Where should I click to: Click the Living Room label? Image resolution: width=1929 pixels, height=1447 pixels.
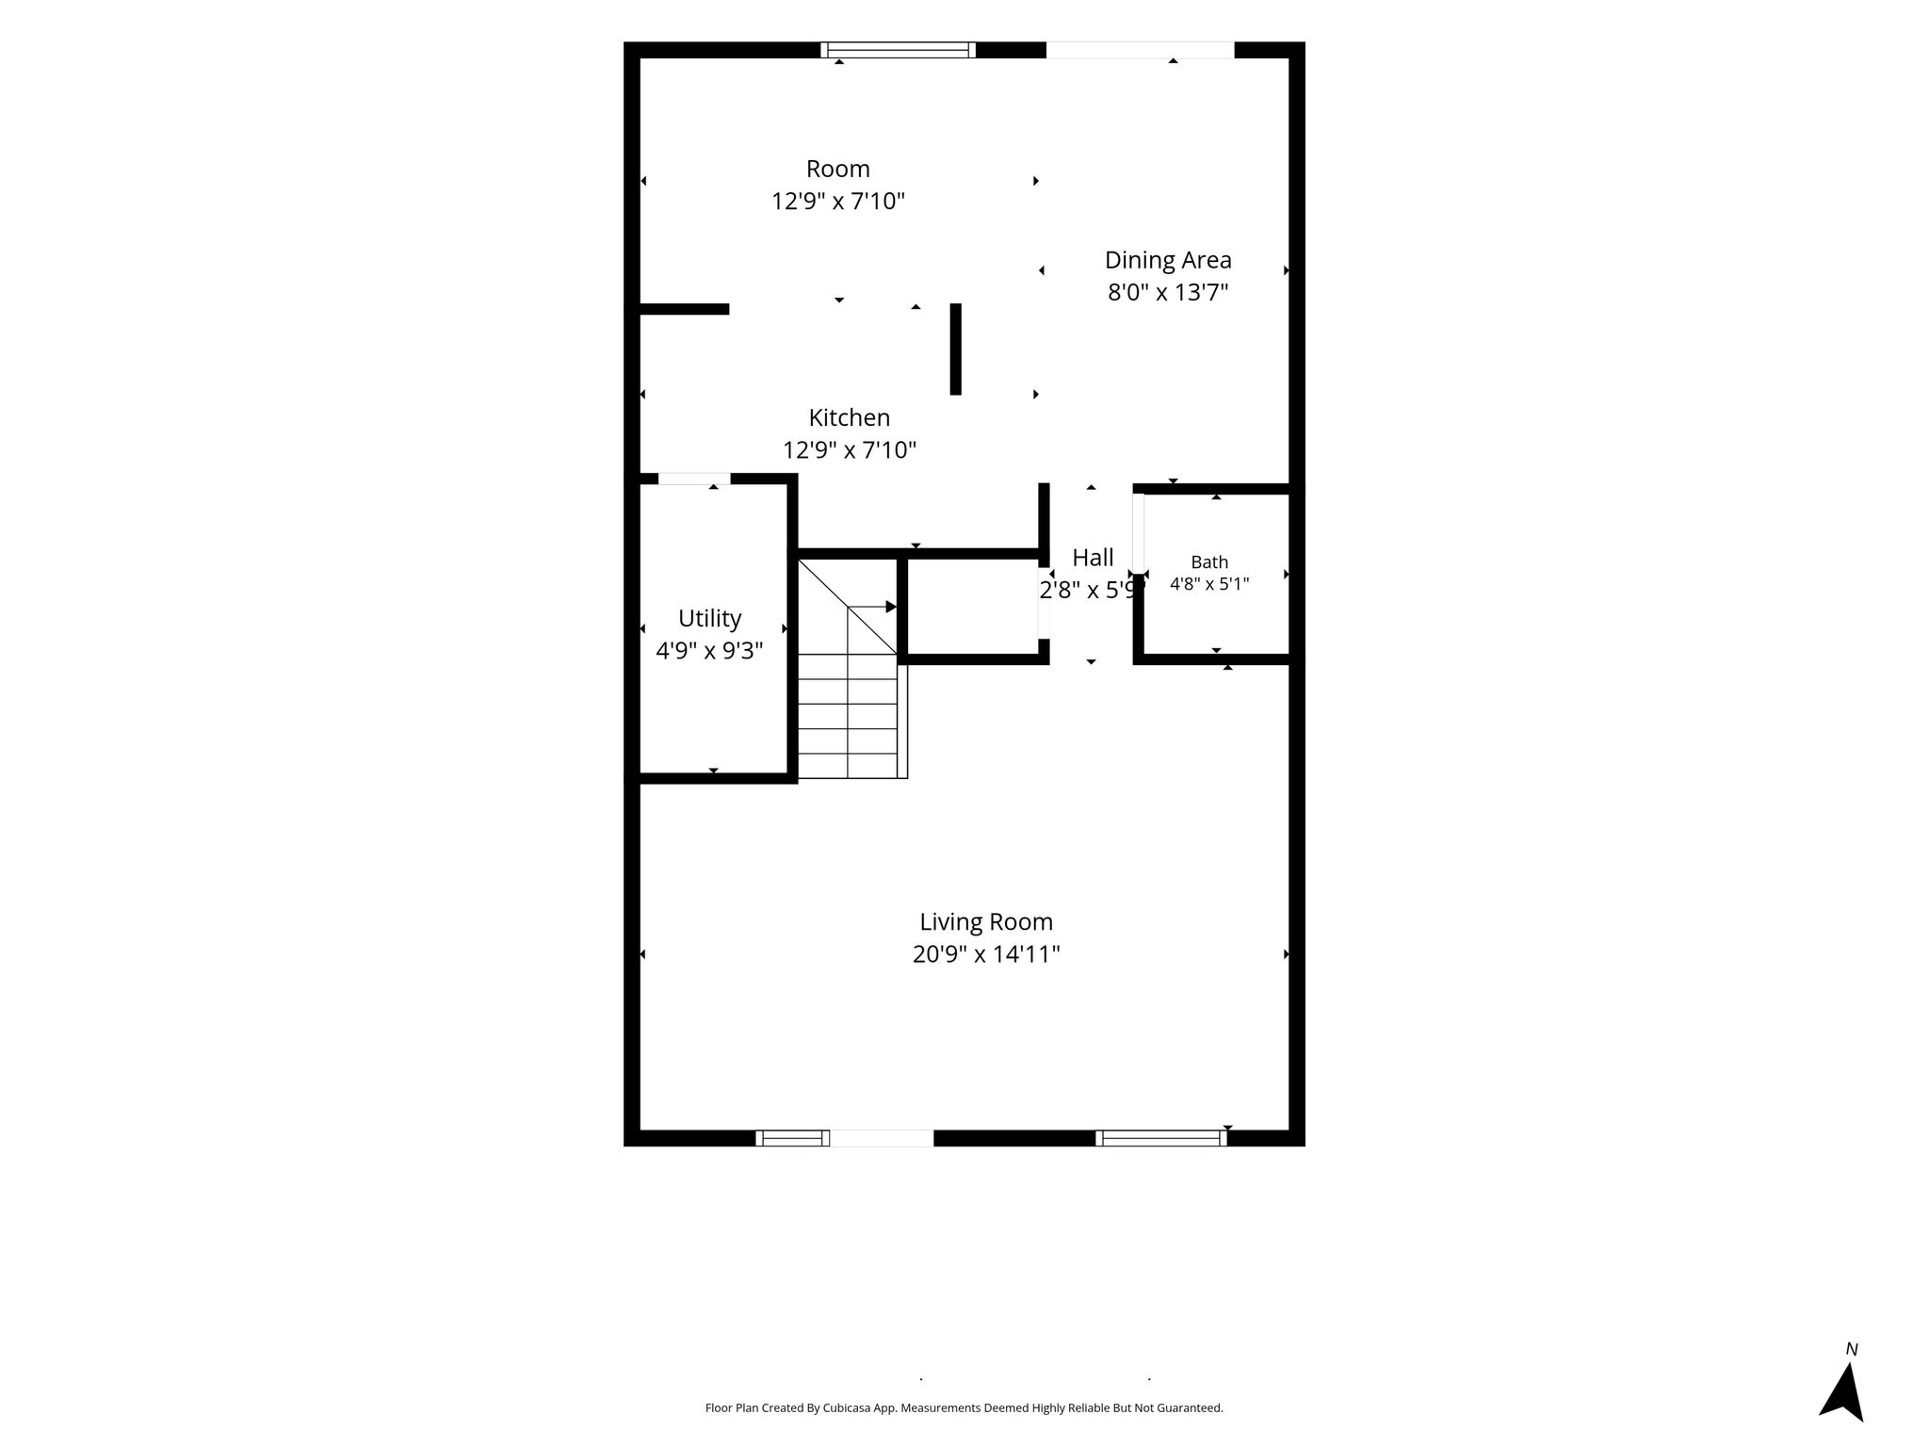click(986, 921)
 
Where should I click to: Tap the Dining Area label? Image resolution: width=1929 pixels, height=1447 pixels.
click(1168, 260)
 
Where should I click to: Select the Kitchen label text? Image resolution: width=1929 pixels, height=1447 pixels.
click(849, 417)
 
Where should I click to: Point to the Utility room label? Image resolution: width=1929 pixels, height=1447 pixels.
click(709, 619)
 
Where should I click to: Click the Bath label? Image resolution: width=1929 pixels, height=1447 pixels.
click(1209, 562)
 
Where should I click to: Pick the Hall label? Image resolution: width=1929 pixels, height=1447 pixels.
click(1093, 558)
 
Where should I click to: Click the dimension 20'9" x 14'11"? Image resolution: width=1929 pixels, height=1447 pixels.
click(986, 954)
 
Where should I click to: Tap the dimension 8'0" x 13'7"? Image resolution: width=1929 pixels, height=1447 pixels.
click(1168, 292)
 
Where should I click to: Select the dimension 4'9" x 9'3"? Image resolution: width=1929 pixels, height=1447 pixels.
click(709, 651)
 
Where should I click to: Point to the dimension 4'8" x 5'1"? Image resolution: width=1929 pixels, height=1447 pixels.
click(1209, 584)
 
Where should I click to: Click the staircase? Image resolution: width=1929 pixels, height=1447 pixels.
click(852, 668)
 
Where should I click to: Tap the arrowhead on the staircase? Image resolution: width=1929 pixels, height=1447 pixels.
click(891, 607)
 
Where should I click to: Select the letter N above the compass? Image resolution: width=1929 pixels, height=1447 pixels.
click(1852, 1349)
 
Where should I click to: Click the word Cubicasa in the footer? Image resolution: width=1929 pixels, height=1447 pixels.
click(845, 1408)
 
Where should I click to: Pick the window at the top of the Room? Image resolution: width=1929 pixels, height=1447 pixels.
click(898, 50)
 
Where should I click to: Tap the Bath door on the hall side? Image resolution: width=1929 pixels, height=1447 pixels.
click(1139, 533)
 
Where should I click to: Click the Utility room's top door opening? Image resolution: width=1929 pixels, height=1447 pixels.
click(694, 479)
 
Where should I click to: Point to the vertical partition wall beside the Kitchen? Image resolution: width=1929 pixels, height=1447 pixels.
click(955, 349)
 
